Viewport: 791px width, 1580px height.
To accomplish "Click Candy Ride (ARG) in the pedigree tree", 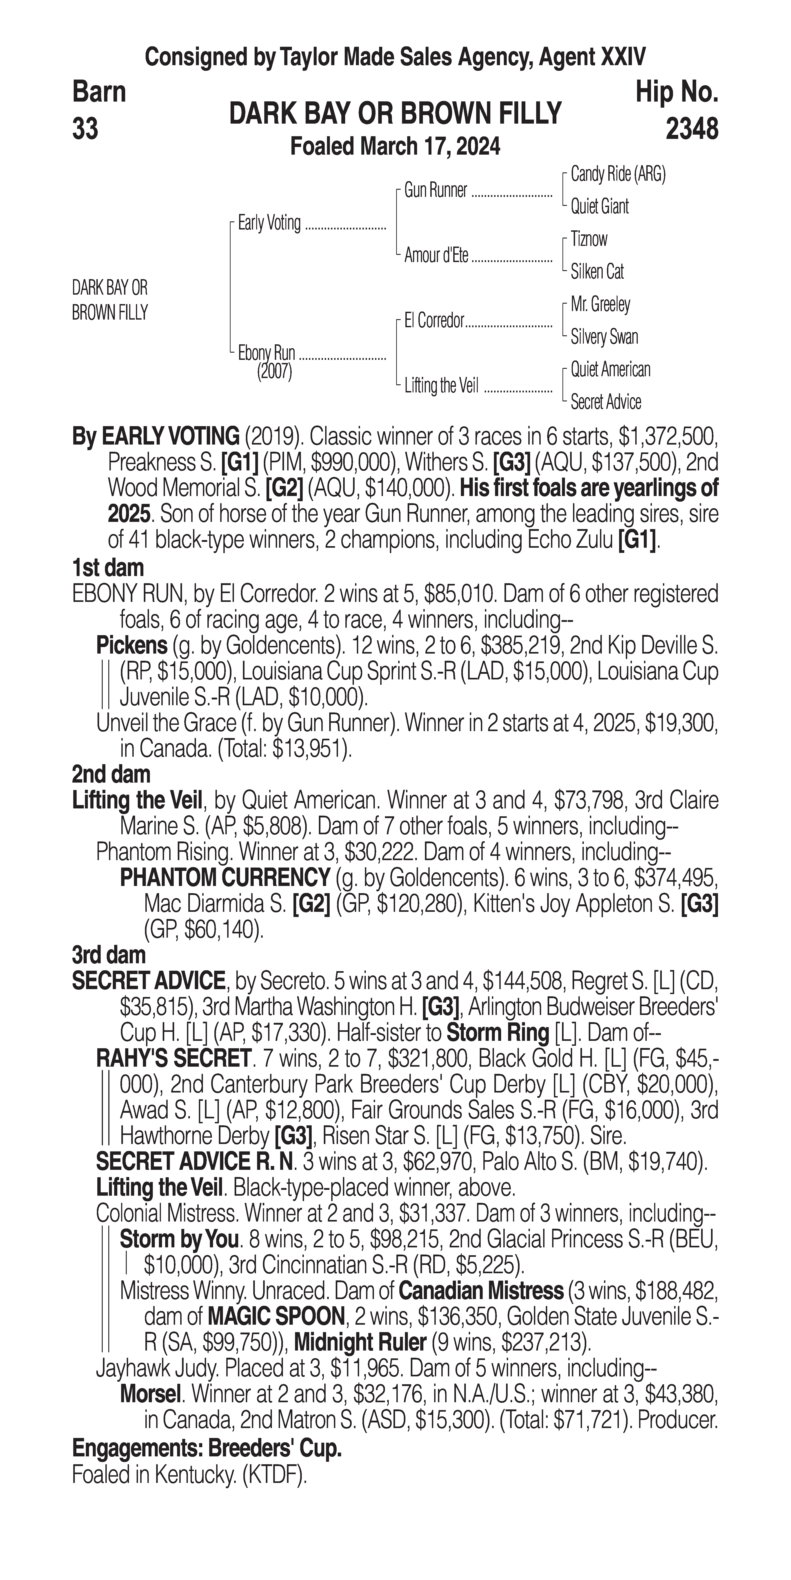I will [x=618, y=174].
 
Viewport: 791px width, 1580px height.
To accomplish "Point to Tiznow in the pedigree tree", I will [x=589, y=239].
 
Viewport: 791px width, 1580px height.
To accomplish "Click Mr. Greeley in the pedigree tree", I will [x=600, y=304].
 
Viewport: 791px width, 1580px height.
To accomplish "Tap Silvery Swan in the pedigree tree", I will [x=604, y=337].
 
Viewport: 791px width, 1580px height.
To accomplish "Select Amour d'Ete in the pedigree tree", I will [x=436, y=256].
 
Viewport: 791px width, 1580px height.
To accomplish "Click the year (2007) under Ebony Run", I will [x=274, y=372].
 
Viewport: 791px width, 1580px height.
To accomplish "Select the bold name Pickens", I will [x=132, y=645].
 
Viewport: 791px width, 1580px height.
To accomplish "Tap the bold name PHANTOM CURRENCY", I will [x=225, y=878].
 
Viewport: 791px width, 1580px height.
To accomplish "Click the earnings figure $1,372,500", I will [x=667, y=437].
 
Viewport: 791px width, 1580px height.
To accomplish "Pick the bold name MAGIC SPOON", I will [x=276, y=1316].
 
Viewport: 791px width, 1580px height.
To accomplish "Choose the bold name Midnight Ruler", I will [x=360, y=1342].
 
